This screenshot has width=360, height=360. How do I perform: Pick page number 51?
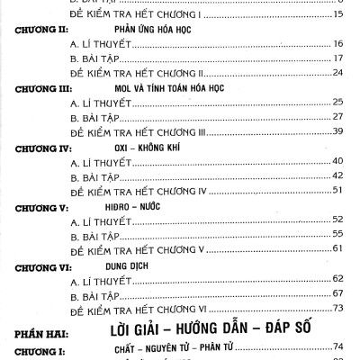click(338, 190)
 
